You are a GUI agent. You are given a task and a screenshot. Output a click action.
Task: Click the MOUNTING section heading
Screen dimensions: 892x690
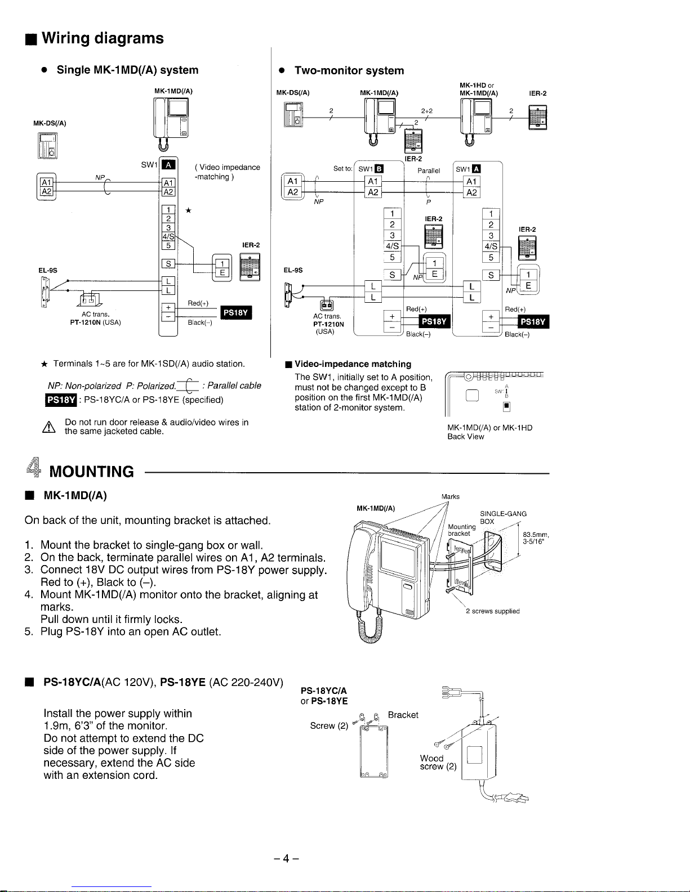(92, 471)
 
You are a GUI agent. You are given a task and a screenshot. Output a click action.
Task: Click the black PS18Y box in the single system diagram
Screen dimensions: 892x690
(237, 313)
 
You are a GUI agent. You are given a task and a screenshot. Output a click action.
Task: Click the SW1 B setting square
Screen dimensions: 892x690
(380, 169)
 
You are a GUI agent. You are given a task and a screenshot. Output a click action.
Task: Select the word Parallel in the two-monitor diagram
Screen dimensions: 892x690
(429, 171)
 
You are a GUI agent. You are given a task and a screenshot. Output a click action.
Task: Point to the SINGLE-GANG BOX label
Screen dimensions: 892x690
(502, 517)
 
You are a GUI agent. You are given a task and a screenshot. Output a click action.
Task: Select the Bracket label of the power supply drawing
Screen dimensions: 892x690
(403, 715)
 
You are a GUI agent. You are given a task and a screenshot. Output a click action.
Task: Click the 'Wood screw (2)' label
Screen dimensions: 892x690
(437, 763)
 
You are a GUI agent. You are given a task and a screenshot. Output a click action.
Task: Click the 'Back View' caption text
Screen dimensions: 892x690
(465, 437)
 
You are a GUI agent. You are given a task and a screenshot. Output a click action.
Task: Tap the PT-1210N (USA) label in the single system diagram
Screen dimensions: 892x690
(95, 322)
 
